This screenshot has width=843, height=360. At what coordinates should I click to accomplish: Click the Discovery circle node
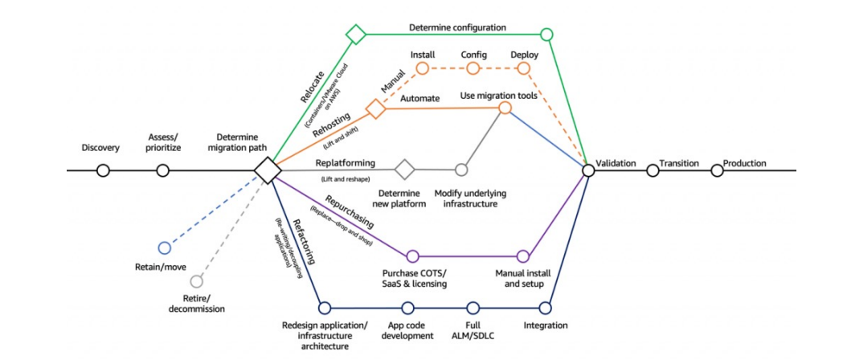[103, 170]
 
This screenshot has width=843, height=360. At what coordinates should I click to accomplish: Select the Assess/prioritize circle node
[162, 170]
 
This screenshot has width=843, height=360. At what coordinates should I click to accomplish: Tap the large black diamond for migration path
[267, 170]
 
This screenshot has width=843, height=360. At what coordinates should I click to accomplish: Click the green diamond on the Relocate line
[355, 34]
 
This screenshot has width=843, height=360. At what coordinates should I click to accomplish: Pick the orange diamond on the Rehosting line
[375, 108]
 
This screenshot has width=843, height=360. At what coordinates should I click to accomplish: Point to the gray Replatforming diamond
[404, 170]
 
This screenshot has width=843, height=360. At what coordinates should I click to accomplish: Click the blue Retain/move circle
[165, 247]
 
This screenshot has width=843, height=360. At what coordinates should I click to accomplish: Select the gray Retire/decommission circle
[196, 282]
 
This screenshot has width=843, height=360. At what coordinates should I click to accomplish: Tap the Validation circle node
[588, 170]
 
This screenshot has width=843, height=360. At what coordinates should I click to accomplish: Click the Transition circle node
[653, 170]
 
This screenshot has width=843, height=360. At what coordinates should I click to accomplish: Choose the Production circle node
[716, 170]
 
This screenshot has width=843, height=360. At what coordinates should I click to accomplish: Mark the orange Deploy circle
[524, 69]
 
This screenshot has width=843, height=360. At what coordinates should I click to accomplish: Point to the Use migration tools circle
[505, 107]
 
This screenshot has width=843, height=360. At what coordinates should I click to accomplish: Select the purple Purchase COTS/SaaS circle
[412, 256]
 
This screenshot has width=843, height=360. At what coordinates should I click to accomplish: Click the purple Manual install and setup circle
[523, 256]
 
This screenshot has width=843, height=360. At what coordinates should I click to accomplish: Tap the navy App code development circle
[407, 307]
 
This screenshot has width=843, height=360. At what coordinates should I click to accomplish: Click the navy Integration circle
[546, 307]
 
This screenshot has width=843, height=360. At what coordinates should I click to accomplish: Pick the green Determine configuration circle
[546, 34]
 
